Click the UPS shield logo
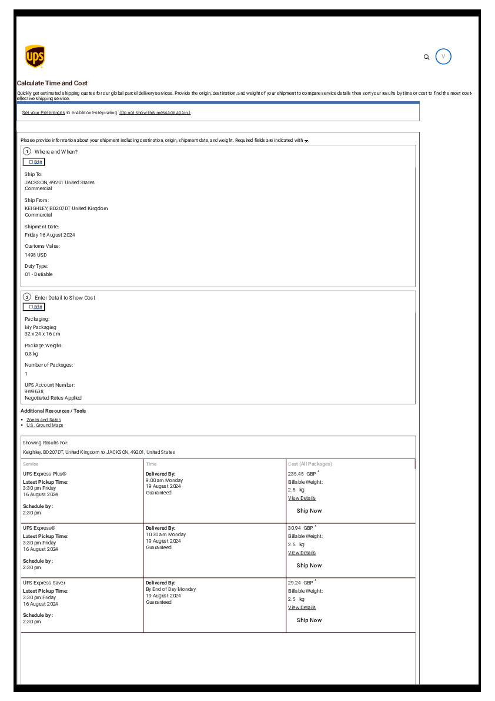tap(35, 57)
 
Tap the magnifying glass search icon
tap(427, 57)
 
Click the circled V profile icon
tap(443, 57)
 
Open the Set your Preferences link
tap(44, 112)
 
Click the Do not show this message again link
tap(155, 112)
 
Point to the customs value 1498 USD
tap(36, 255)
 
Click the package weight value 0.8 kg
tap(31, 354)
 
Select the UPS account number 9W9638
tap(34, 391)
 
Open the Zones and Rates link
tap(44, 420)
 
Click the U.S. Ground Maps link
tap(45, 425)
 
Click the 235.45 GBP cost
tap(300, 474)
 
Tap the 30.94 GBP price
tap(300, 528)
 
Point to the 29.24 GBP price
tap(300, 583)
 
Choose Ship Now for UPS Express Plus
tap(309, 511)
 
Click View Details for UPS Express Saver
tap(302, 607)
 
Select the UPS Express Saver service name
tap(44, 583)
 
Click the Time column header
tap(151, 464)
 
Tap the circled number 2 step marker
tap(27, 297)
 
